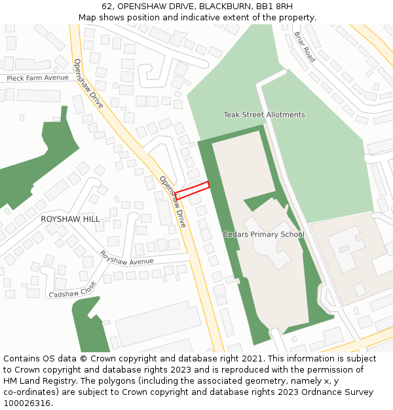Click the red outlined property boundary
[192, 190]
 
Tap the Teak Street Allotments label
[264, 115]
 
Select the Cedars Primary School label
[263, 234]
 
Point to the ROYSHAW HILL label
[71, 219]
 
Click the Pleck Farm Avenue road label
[37, 77]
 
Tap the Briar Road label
[305, 47]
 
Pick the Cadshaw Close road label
[72, 289]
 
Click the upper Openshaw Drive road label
[88, 84]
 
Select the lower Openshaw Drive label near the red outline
[174, 201]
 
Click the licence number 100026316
[28, 403]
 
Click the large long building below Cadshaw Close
[157, 324]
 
